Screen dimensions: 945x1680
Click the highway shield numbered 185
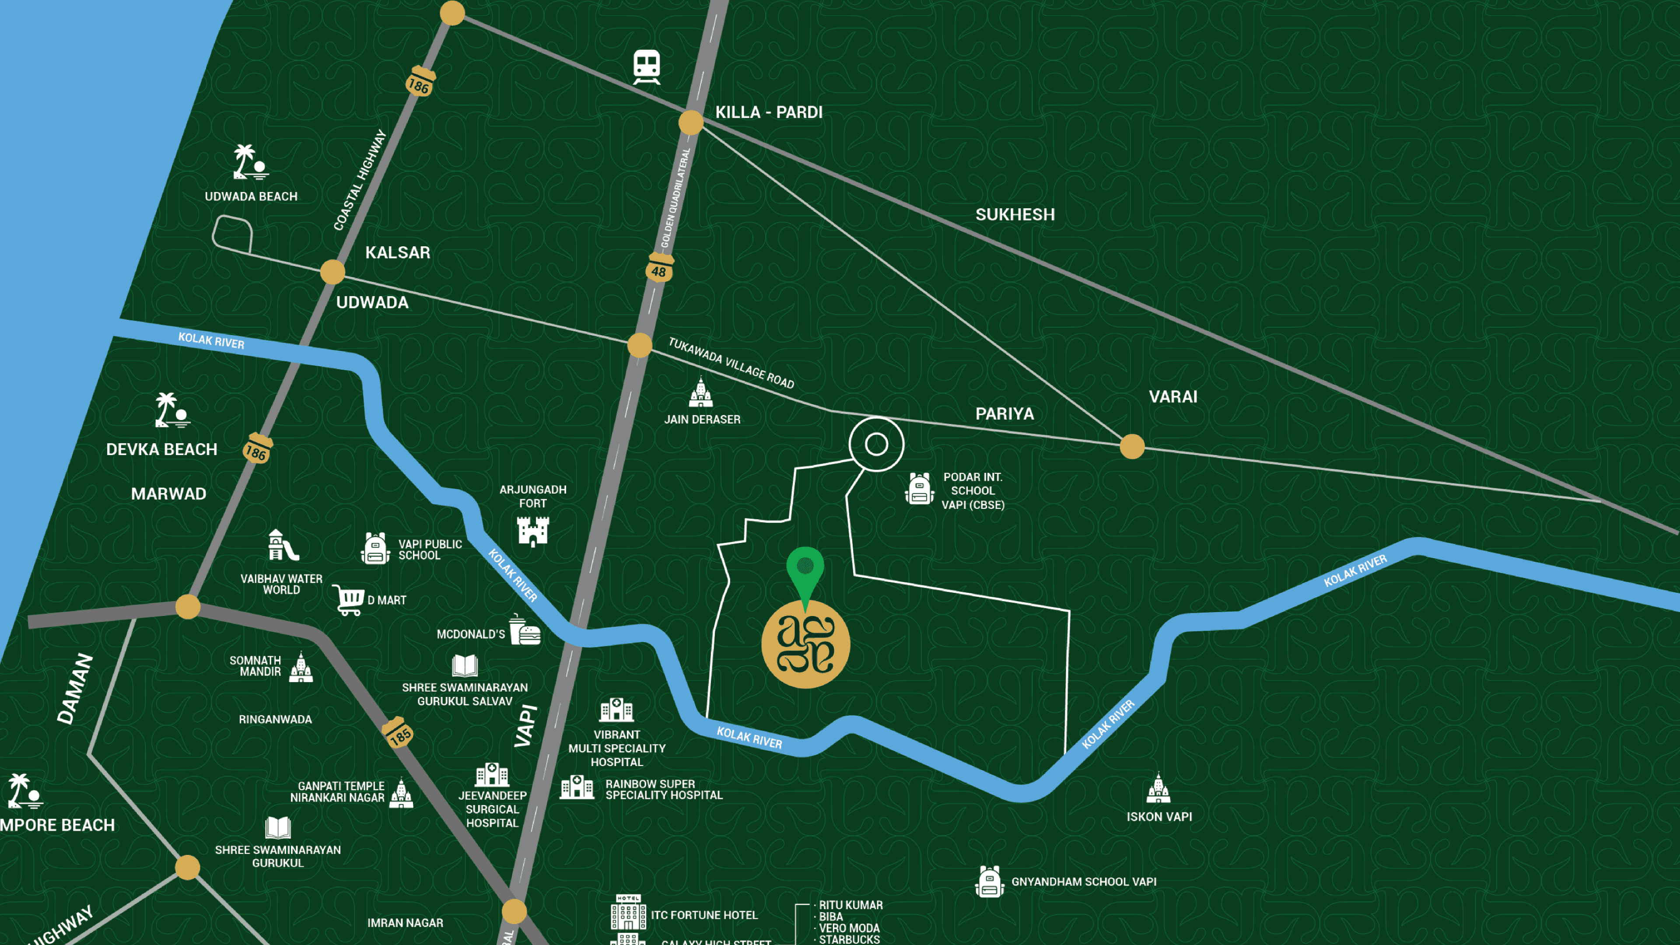[x=398, y=733]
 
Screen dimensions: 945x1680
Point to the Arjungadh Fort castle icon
[x=533, y=531]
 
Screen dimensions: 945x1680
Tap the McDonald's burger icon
[x=525, y=630]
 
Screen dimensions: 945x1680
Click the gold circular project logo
[x=805, y=644]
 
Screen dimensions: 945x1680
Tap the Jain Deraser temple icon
[x=700, y=392]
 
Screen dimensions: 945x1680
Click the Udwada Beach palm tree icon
[x=250, y=162]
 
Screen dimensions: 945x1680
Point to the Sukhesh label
[x=1015, y=214]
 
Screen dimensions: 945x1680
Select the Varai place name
[x=1172, y=396]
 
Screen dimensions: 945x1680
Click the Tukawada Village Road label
[x=731, y=363]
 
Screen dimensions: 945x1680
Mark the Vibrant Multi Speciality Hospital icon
[x=616, y=710]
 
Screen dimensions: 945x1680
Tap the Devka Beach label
[x=162, y=449]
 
